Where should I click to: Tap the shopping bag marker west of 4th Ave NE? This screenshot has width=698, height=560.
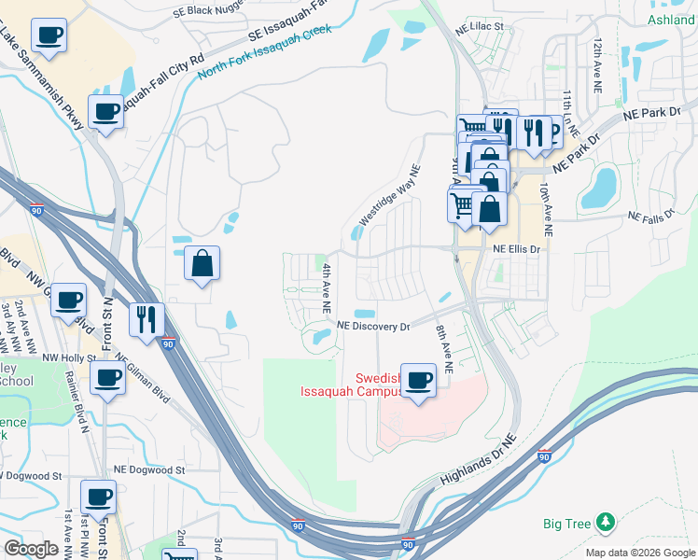pyautogui.click(x=202, y=264)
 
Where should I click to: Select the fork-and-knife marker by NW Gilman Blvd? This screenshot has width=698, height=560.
pyautogui.click(x=147, y=320)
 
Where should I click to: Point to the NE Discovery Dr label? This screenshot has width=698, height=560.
pyautogui.click(x=373, y=327)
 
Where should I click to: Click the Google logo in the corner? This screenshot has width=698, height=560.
pyautogui.click(x=31, y=549)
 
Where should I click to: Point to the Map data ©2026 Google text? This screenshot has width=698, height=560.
pyautogui.click(x=640, y=553)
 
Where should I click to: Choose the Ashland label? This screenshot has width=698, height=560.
pyautogui.click(x=670, y=20)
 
